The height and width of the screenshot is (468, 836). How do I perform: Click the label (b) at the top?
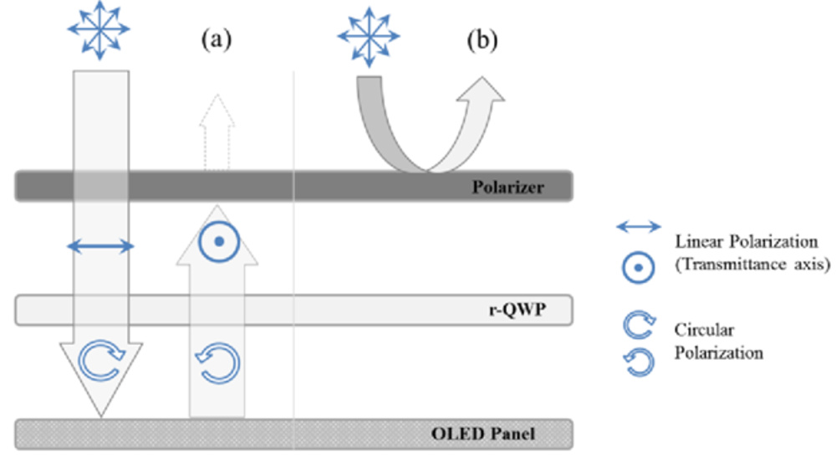[479, 39]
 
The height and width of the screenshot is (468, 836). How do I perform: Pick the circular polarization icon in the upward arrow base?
[217, 362]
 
